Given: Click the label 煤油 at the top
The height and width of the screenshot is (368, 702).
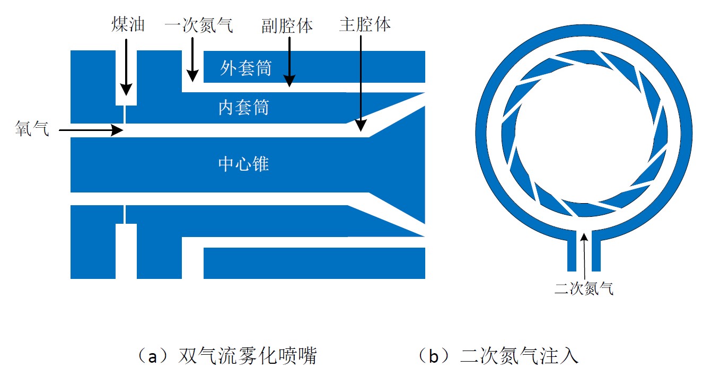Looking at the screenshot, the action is pyautogui.click(x=128, y=24).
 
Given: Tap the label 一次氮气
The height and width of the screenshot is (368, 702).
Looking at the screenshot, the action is pyautogui.click(x=199, y=25).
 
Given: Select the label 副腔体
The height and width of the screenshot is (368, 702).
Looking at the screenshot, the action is pyautogui.click(x=287, y=25).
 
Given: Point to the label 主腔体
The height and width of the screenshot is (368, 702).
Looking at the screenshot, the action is pyautogui.click(x=365, y=24).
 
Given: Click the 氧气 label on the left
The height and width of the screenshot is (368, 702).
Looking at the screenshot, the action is pyautogui.click(x=32, y=128).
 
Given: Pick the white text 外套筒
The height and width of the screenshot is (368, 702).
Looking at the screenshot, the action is pyautogui.click(x=245, y=68).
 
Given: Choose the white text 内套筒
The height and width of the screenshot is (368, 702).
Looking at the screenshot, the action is pyautogui.click(x=243, y=108).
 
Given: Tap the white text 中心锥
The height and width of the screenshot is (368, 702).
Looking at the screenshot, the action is pyautogui.click(x=243, y=164).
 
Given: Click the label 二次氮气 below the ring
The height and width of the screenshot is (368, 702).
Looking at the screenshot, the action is pyautogui.click(x=584, y=288).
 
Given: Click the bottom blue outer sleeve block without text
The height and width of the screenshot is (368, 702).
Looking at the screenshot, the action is pyautogui.click(x=314, y=263).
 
